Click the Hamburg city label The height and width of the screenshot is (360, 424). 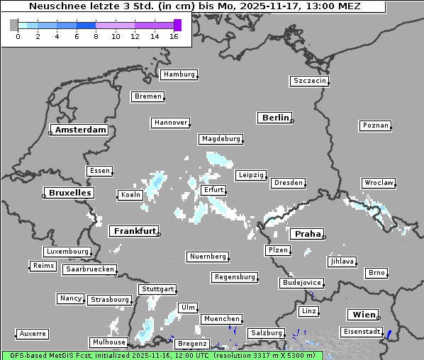click(178, 74)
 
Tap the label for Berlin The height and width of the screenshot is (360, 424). click(275, 118)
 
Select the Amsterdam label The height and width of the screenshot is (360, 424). click(80, 130)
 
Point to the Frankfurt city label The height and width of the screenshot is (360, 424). click(134, 231)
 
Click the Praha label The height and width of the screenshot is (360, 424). click(307, 234)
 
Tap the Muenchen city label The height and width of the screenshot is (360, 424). click(221, 319)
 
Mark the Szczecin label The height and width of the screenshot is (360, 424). click(310, 81)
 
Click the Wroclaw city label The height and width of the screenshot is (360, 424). click(378, 183)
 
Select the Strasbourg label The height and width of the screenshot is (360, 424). click(110, 300)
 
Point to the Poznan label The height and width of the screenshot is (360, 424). click(375, 125)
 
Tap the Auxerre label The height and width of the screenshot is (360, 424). click(33, 333)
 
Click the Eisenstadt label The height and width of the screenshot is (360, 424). click(360, 332)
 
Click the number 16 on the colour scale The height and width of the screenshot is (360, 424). click(173, 36)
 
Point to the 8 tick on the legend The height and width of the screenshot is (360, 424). click(96, 36)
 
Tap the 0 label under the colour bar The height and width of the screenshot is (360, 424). click(18, 36)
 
